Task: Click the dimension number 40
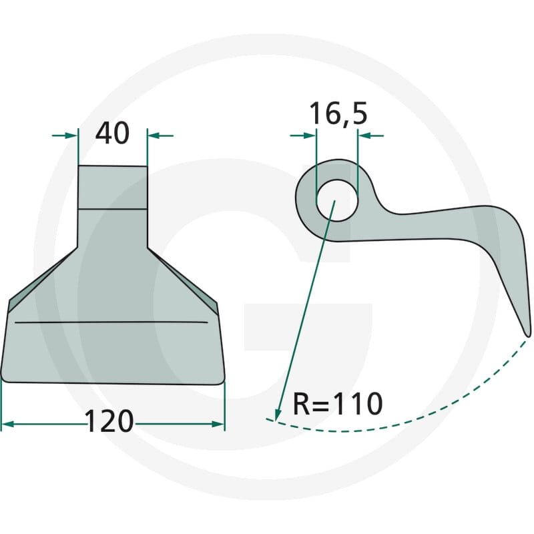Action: [112, 133]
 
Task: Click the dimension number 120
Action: [109, 421]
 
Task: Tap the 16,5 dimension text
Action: [338, 113]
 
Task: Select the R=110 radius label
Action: [338, 404]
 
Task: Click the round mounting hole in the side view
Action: [337, 200]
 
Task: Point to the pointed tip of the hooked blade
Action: [528, 336]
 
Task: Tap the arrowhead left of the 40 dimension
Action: [71, 136]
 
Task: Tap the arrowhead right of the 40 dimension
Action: [155, 136]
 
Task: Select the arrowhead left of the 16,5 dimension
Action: [309, 136]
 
